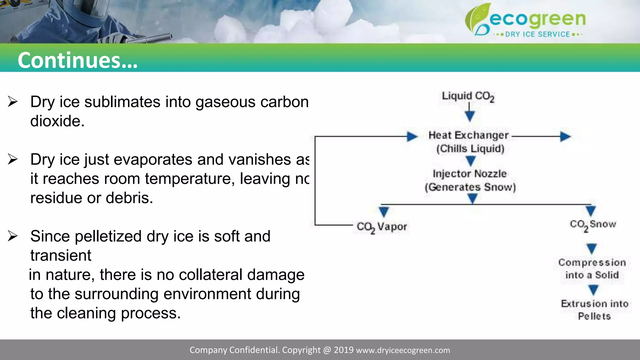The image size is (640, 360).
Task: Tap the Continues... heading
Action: click(x=77, y=60)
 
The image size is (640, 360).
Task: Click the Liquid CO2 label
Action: click(x=468, y=96)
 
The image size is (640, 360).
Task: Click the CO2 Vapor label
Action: click(x=382, y=227)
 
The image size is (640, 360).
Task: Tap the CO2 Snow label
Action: click(x=593, y=225)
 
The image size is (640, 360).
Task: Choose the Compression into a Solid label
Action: click(x=592, y=269)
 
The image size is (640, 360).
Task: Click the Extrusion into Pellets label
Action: click(x=594, y=310)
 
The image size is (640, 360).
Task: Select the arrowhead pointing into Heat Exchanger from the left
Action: click(x=412, y=137)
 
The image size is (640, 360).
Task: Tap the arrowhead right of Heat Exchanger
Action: click(x=565, y=137)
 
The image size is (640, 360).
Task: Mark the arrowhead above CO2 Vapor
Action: click(x=384, y=212)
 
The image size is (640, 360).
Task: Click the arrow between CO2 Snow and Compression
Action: click(x=592, y=249)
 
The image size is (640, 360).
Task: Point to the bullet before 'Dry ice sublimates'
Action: click(x=12, y=102)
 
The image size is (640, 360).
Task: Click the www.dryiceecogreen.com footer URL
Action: click(x=403, y=350)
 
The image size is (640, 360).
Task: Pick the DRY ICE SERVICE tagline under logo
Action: click(x=537, y=34)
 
